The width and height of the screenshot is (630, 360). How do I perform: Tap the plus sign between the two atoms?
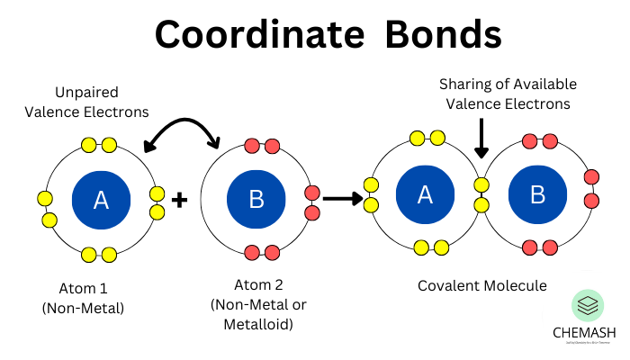pos(179,200)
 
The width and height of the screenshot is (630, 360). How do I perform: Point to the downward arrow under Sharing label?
pos(481,140)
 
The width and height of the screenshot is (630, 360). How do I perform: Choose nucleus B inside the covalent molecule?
pos(537,195)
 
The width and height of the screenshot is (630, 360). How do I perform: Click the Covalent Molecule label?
pos(481,285)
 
